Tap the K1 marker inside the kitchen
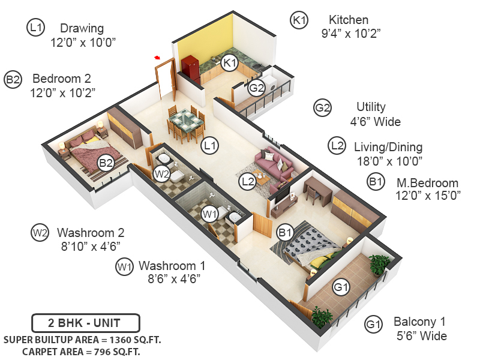click(x=230, y=63)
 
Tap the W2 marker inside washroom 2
click(x=161, y=174)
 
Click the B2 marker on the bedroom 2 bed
click(x=106, y=163)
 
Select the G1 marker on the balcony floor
click(x=341, y=287)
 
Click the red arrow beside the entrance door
click(x=157, y=57)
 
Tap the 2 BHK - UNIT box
click(x=86, y=323)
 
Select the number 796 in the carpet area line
click(x=103, y=352)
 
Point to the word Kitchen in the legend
click(x=349, y=20)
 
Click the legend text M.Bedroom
click(x=427, y=183)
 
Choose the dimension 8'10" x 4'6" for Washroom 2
click(x=91, y=246)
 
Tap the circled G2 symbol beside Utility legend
click(x=322, y=108)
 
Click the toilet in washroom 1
click(x=223, y=211)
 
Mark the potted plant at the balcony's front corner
click(x=322, y=317)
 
